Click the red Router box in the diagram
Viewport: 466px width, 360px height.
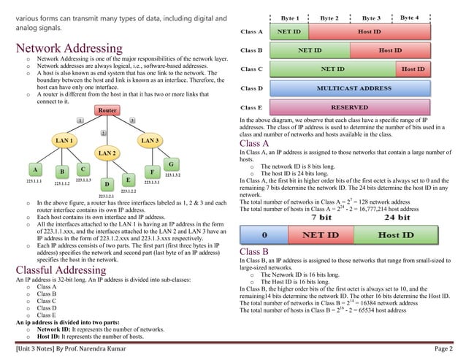pos(107,110)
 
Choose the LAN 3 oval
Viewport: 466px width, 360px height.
pos(151,139)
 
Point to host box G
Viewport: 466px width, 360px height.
pos(170,164)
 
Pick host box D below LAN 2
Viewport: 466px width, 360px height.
pos(106,185)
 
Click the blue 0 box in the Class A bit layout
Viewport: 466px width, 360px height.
pos(265,236)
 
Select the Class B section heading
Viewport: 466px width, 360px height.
pos(254,252)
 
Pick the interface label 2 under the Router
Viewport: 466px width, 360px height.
pos(104,133)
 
